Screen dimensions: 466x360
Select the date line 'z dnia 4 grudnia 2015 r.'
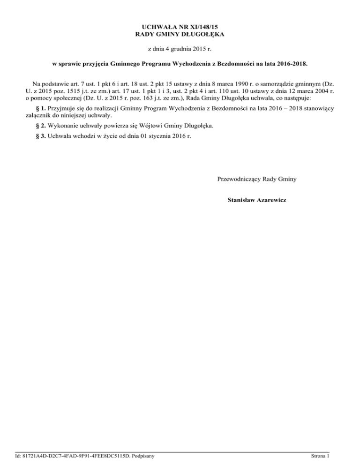[180, 49]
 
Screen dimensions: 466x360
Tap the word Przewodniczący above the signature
[239, 179]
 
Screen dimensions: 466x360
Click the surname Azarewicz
[271, 200]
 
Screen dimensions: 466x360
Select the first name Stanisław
[241, 200]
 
